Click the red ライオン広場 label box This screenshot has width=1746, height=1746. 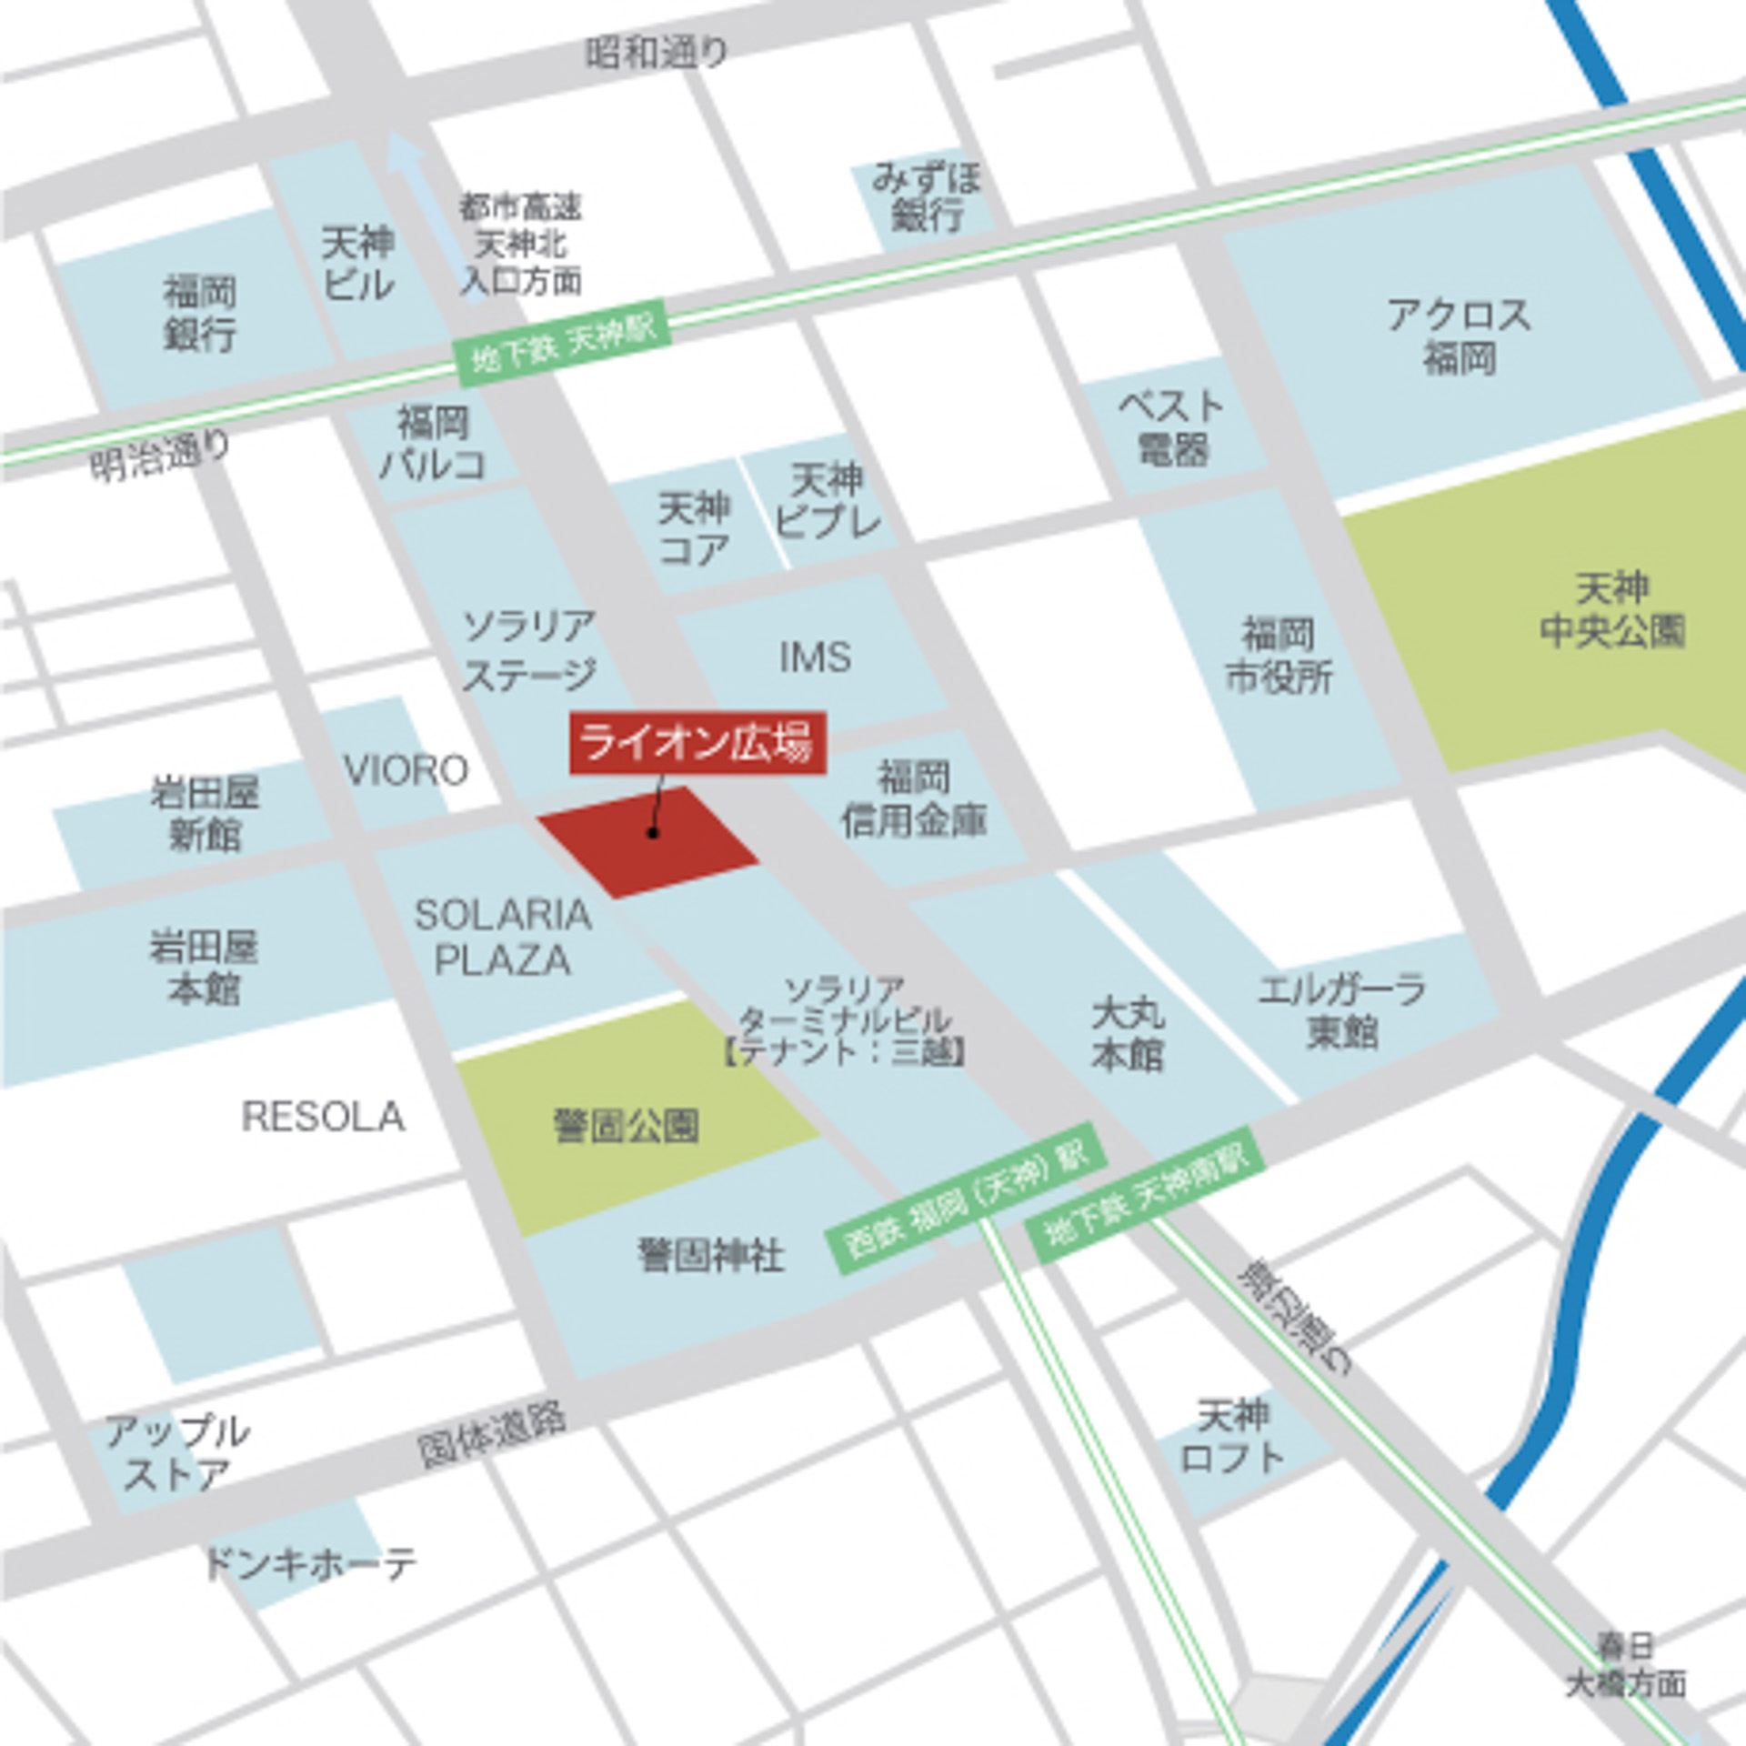[x=697, y=743]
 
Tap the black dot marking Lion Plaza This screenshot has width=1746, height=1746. [x=652, y=832]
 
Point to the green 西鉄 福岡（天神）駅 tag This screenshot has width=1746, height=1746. [x=967, y=1200]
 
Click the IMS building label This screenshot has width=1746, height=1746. [x=815, y=657]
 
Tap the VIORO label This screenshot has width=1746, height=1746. [x=406, y=771]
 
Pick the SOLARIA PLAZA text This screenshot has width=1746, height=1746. [x=503, y=938]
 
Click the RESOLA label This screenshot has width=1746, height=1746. [x=323, y=1117]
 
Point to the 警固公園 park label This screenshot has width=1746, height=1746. [x=627, y=1126]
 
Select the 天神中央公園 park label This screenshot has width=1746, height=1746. [x=1611, y=610]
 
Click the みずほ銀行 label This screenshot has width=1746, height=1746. [x=927, y=196]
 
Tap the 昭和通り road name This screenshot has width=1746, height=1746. [x=656, y=53]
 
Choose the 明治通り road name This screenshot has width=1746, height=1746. [x=160, y=455]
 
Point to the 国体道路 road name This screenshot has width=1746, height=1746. [x=492, y=1435]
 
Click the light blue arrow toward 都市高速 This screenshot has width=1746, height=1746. [x=406, y=173]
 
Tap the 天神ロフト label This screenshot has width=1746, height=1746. [x=1232, y=1437]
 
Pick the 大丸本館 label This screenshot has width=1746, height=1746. [x=1128, y=1033]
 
